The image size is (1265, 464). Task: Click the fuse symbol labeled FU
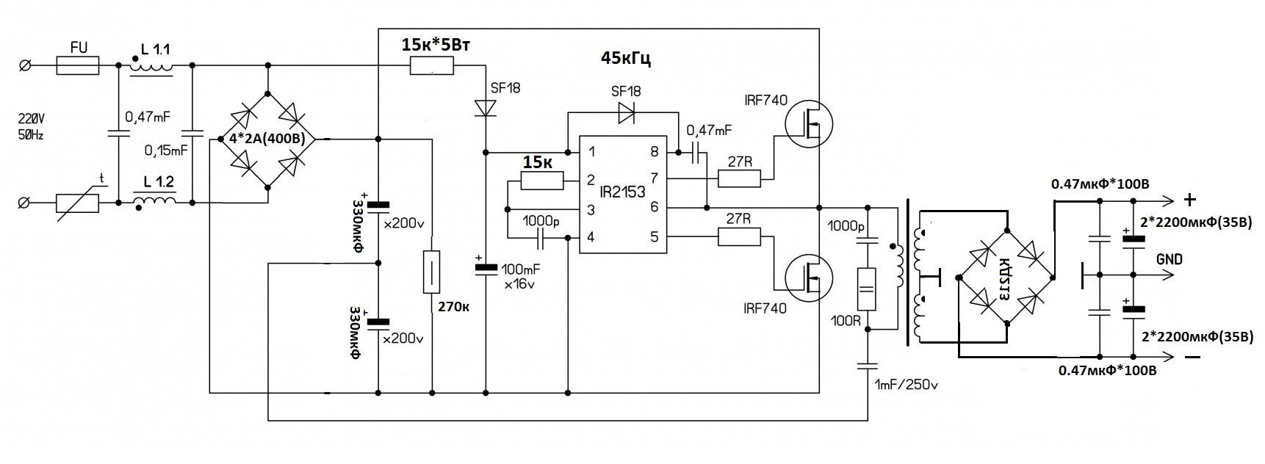78,67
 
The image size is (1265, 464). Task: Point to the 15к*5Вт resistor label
436,45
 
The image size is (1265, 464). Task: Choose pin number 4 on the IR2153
591,236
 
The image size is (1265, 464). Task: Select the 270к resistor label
453,305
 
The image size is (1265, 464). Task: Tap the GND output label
1169,260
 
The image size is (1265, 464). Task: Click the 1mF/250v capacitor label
907,384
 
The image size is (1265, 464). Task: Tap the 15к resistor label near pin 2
537,161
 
